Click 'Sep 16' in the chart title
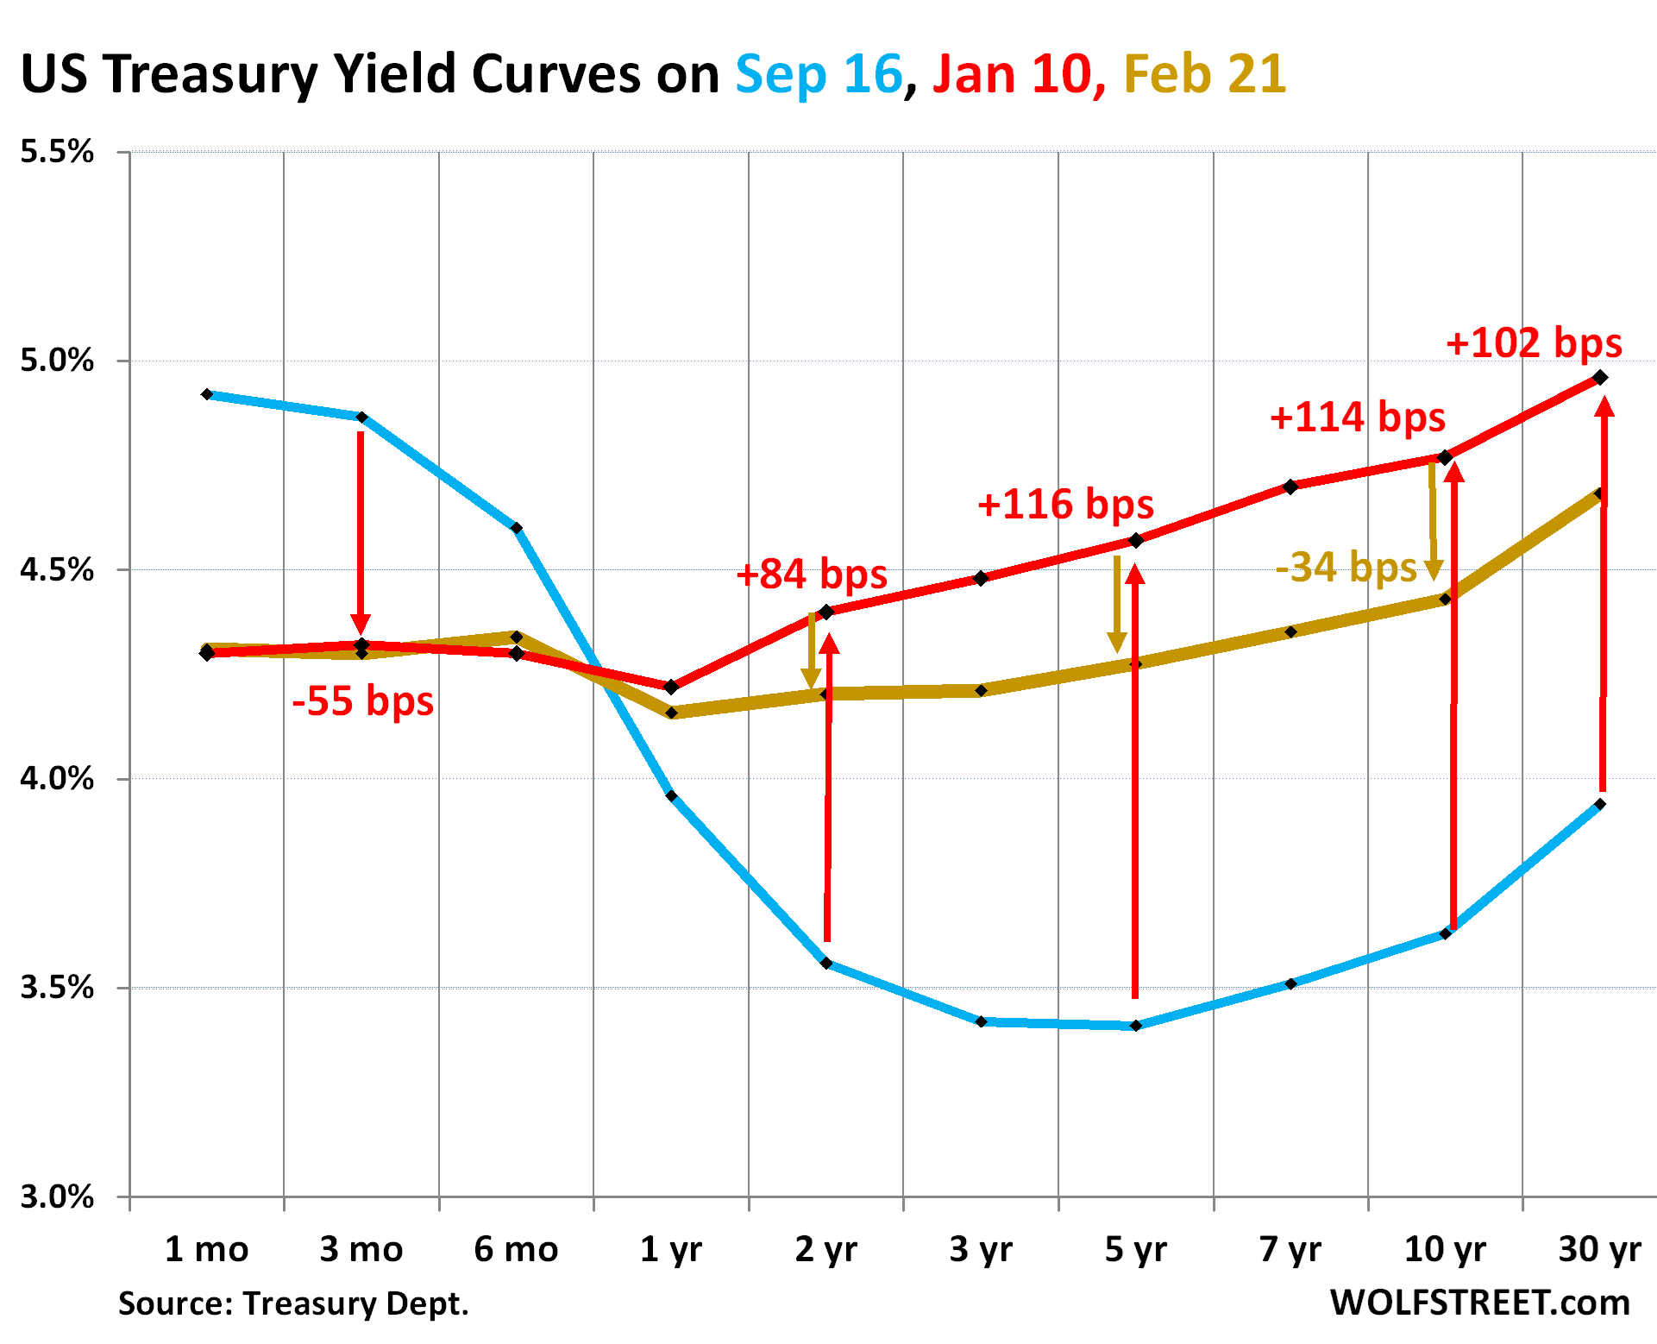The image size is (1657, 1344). pos(818,74)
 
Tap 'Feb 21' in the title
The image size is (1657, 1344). pos(1204,74)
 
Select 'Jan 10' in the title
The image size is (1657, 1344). pos(1012,74)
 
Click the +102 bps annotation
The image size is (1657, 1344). pos(1533,343)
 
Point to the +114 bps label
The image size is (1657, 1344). pos(1357,418)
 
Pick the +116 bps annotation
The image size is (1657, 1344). pos(1064,505)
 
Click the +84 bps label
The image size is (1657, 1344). pos(811,575)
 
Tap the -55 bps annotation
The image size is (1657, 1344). pos(362,700)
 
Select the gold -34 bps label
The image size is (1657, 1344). pos(1346,568)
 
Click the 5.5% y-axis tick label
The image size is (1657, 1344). pos(57,152)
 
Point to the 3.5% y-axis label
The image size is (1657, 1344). pos(57,988)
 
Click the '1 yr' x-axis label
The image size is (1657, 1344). pos(671,1249)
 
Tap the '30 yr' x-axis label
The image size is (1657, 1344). pos(1599,1249)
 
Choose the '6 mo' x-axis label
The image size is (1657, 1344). pos(516,1249)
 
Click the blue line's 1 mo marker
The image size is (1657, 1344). pos(207,394)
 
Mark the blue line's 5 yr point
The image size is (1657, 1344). pos(1136,1026)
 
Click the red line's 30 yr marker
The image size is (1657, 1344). pos(1600,377)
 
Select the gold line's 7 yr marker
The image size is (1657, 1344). pos(1290,632)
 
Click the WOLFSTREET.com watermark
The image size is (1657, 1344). pos(1479,1303)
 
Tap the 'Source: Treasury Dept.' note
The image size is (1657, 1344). pos(293,1303)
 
